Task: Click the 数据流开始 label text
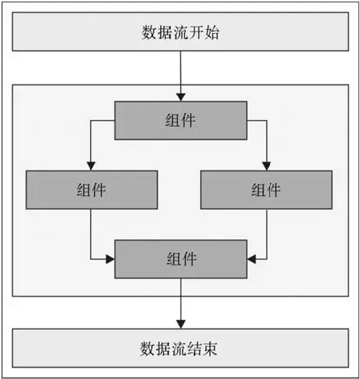pyautogui.click(x=180, y=32)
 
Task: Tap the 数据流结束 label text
pyautogui.click(x=178, y=348)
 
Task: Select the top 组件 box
pyautogui.click(x=181, y=121)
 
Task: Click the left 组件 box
pyautogui.click(x=92, y=190)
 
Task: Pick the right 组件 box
pyautogui.click(x=266, y=190)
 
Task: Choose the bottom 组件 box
pyautogui.click(x=181, y=259)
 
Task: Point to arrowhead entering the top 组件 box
pyautogui.click(x=181, y=98)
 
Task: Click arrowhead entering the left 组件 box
pyautogui.click(x=91, y=166)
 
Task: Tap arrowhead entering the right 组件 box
pyautogui.click(x=267, y=166)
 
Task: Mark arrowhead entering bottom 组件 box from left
pyautogui.click(x=111, y=259)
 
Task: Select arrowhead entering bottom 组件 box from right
pyautogui.click(x=252, y=259)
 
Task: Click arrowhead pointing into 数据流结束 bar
pyautogui.click(x=181, y=324)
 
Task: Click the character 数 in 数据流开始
pyautogui.click(x=149, y=32)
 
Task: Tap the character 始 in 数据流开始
pyautogui.click(x=212, y=32)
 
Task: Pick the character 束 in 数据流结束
pyautogui.click(x=210, y=348)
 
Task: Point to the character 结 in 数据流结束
pyautogui.click(x=195, y=348)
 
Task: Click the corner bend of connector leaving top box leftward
pyautogui.click(x=91, y=121)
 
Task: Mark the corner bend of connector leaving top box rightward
pyautogui.click(x=267, y=121)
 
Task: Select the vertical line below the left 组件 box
pyautogui.click(x=91, y=234)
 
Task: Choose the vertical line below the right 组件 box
pyautogui.click(x=267, y=234)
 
